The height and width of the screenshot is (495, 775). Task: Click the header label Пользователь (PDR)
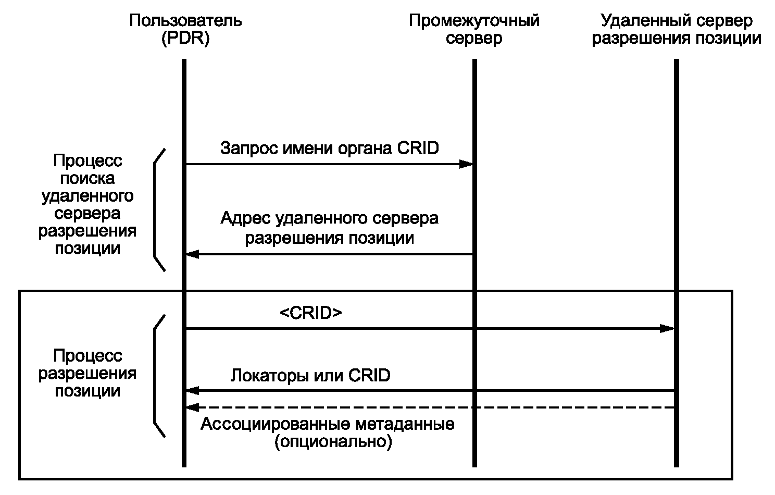[185, 30]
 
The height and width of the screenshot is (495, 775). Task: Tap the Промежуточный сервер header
[474, 30]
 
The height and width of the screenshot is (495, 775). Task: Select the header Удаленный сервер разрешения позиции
[677, 30]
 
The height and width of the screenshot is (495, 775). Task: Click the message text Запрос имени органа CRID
[329, 148]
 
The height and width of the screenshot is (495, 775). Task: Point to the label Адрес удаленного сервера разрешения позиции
[329, 228]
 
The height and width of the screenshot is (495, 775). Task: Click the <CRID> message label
[311, 313]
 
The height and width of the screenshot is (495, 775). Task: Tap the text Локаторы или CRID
[310, 375]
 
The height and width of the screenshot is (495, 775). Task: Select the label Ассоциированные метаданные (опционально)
[327, 432]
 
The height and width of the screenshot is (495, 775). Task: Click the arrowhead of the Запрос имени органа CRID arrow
[466, 164]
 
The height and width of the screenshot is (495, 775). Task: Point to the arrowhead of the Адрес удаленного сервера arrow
[193, 254]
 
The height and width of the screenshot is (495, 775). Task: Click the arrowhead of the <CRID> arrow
[667, 328]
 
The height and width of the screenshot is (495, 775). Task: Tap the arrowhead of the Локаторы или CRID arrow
[193, 390]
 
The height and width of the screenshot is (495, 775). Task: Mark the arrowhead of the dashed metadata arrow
[193, 407]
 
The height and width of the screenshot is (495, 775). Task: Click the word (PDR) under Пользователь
[185, 38]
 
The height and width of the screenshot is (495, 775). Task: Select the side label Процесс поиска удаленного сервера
[87, 204]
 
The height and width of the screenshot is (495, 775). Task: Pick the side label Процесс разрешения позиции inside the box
[87, 373]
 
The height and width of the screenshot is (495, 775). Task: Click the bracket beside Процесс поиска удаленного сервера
[155, 210]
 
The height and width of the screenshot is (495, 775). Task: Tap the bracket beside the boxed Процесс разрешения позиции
[155, 376]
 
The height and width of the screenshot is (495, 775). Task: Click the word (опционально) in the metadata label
[333, 442]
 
